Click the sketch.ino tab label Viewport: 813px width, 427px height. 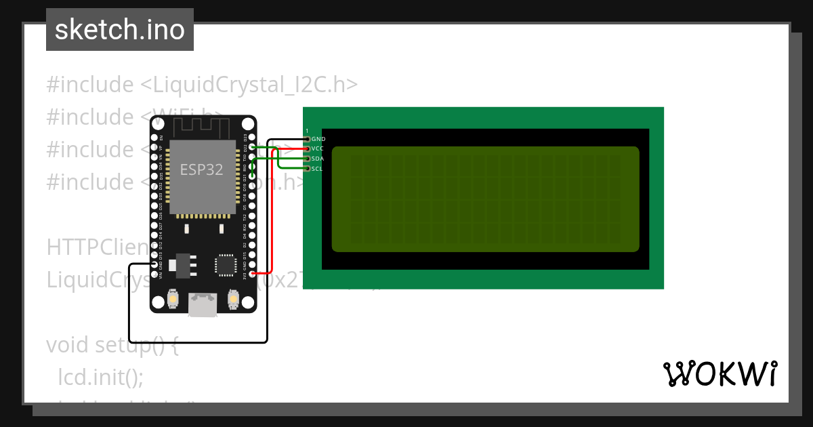120,30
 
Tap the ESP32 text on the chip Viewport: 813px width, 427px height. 201,169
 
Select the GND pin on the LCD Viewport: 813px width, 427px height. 307,139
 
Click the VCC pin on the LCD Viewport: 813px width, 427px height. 307,148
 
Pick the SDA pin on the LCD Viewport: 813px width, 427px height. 307,159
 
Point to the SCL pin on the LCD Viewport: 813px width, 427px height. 307,168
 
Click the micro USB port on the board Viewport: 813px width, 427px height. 203,305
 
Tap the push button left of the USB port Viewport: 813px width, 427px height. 173,298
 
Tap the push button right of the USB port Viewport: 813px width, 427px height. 233,298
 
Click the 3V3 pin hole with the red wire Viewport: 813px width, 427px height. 252,274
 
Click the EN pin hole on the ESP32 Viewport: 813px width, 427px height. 154,138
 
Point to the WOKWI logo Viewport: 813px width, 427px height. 720,373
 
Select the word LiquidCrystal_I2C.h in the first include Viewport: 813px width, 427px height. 248,85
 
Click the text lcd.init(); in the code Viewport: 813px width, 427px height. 100,377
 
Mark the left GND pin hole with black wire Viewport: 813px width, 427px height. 154,264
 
